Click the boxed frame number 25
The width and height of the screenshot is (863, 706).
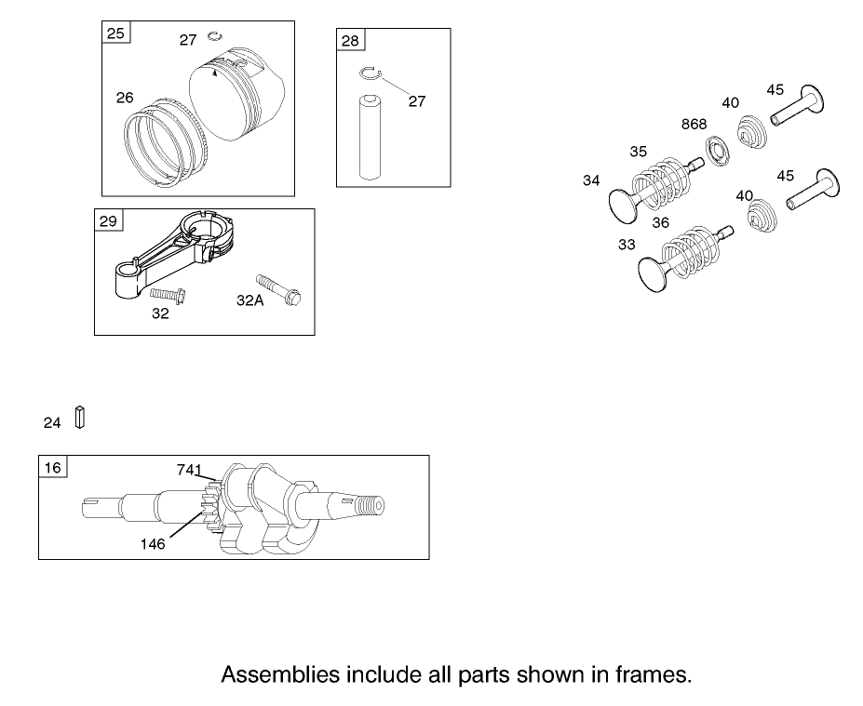[115, 34]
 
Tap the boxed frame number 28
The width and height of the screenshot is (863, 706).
[350, 41]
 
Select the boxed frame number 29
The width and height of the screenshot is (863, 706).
[108, 220]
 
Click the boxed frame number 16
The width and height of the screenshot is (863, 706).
[52, 467]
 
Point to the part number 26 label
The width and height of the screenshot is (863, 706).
[125, 97]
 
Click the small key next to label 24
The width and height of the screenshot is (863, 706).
[80, 419]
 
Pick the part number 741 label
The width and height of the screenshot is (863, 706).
[190, 471]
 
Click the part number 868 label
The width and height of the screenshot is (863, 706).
[694, 125]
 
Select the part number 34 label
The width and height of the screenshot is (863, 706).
[591, 181]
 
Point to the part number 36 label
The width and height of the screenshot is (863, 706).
[660, 222]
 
